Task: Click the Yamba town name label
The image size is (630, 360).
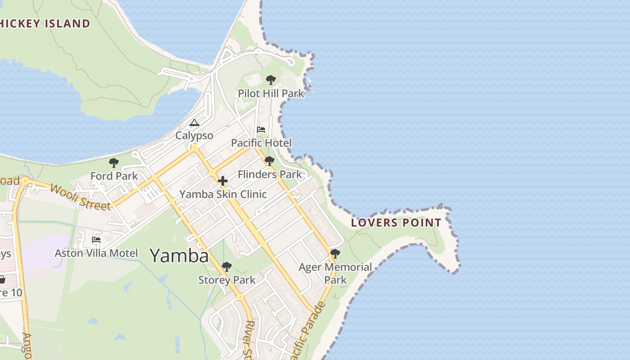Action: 179,256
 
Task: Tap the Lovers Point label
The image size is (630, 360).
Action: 396,222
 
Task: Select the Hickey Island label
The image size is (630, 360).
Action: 45,24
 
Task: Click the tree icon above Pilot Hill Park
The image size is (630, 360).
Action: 270,80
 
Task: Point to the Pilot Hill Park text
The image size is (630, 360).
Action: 271,94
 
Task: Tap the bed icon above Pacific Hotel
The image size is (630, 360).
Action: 261,130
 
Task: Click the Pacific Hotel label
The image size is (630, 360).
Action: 261,143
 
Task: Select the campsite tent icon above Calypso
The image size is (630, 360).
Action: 194,122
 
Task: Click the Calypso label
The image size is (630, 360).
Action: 194,135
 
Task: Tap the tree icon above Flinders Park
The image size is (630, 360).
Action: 270,161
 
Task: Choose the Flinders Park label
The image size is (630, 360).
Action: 270,174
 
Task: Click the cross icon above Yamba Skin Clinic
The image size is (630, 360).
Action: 223,181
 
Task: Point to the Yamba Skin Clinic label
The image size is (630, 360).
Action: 223,194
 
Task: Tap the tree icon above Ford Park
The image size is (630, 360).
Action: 114,162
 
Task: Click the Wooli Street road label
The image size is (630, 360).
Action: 80,197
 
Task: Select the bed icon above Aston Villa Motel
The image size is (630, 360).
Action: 96,240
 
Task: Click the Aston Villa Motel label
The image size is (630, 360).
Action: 96,253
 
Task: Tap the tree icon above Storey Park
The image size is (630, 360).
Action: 227,267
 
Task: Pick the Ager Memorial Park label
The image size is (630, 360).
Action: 335,273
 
